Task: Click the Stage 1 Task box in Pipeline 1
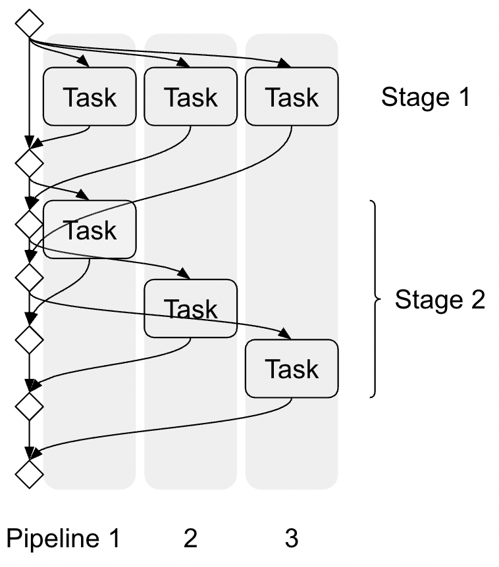89,97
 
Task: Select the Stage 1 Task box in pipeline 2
190,97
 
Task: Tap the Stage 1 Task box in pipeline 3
292,97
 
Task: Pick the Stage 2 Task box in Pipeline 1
89,230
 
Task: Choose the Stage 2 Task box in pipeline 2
190,308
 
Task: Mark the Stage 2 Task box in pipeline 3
292,368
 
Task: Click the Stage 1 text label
426,97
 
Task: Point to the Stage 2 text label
439,300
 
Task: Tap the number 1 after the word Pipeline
114,539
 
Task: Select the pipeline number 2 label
190,539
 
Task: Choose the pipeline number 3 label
292,539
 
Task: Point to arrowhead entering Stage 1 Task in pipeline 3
285,63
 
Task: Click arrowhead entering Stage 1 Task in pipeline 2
184,63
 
